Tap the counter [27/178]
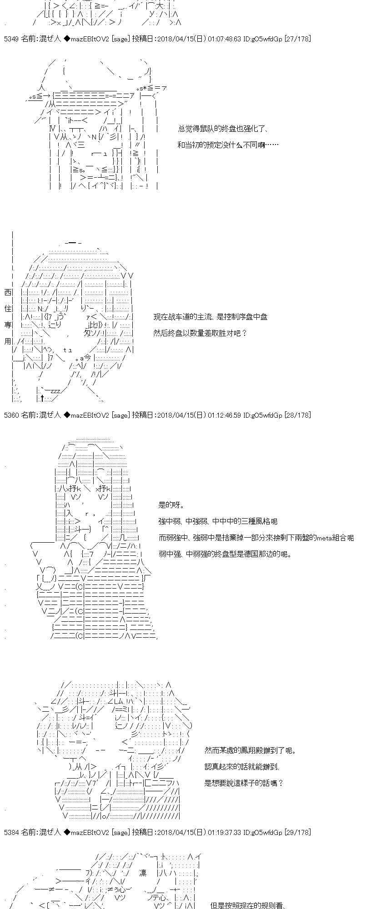(297, 39)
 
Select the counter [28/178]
(297, 415)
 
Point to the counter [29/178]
(297, 832)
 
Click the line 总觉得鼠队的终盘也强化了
(223, 129)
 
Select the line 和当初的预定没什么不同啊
(228, 145)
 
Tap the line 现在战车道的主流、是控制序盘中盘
(210, 317)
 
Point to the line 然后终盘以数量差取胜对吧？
(200, 333)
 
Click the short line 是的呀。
(171, 505)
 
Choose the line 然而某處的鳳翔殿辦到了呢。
(250, 750)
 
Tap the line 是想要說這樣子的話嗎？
(244, 783)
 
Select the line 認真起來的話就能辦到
(242, 767)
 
